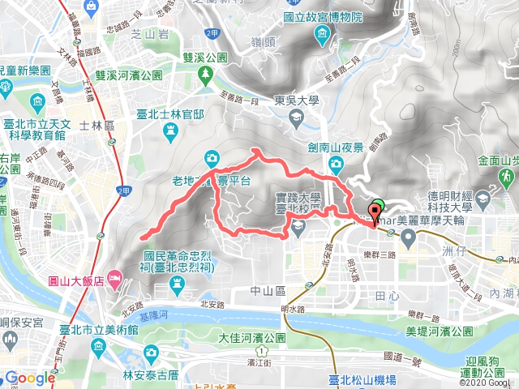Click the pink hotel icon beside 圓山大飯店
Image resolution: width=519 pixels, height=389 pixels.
[114, 280]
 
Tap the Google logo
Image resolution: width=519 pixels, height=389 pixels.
[29, 378]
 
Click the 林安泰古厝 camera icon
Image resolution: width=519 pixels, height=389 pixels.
[151, 353]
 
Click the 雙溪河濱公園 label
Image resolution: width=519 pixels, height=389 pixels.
[130, 75]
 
